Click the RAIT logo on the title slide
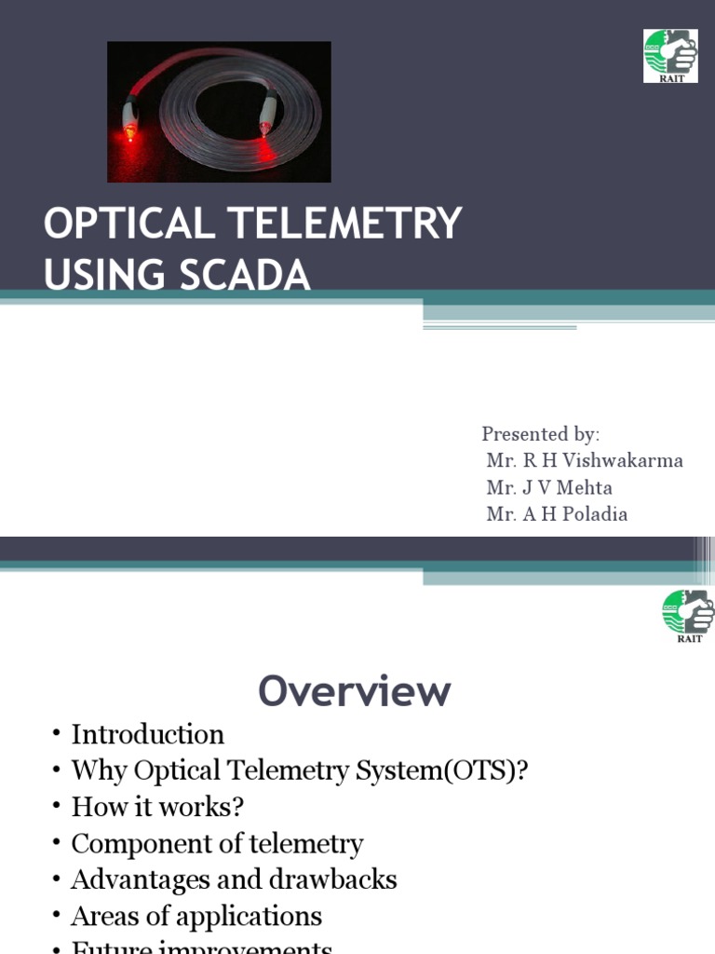(670, 55)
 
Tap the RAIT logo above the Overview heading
(688, 616)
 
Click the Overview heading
(355, 691)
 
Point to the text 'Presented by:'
(540, 434)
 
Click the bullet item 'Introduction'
(147, 735)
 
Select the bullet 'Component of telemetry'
(217, 844)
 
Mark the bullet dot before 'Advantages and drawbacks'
(57, 880)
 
